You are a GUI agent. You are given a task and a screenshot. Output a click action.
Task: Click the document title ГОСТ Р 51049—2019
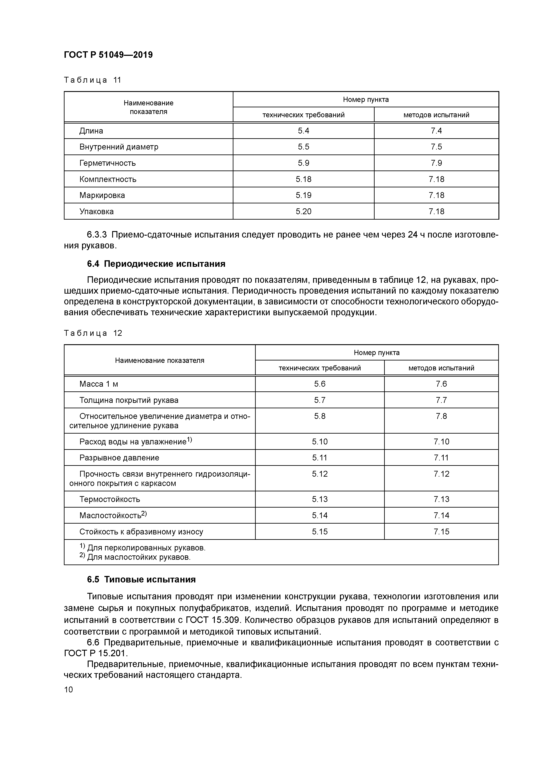tap(108, 55)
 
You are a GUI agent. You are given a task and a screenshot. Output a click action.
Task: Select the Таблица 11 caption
tap(93, 80)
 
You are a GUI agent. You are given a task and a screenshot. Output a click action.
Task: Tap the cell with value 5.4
tap(303, 131)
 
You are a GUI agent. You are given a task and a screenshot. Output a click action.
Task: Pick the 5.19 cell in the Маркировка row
tap(303, 195)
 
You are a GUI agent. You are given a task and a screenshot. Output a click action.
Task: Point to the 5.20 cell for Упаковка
tap(303, 212)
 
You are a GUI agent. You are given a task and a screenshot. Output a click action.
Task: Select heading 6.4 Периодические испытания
tap(156, 264)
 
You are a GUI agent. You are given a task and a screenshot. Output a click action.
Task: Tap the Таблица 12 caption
tap(93, 333)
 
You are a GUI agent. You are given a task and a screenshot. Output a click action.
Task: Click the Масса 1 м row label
tap(99, 384)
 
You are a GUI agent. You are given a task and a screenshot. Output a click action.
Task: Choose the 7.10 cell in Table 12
tap(441, 442)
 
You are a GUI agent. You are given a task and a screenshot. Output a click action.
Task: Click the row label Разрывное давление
tap(119, 458)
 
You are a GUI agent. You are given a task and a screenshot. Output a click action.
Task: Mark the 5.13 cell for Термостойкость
tap(319, 499)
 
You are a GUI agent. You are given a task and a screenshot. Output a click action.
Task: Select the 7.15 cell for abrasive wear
tap(441, 532)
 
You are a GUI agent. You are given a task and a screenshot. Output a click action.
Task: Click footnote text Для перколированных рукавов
tap(146, 548)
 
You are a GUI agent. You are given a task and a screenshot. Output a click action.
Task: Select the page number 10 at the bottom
tap(68, 690)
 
